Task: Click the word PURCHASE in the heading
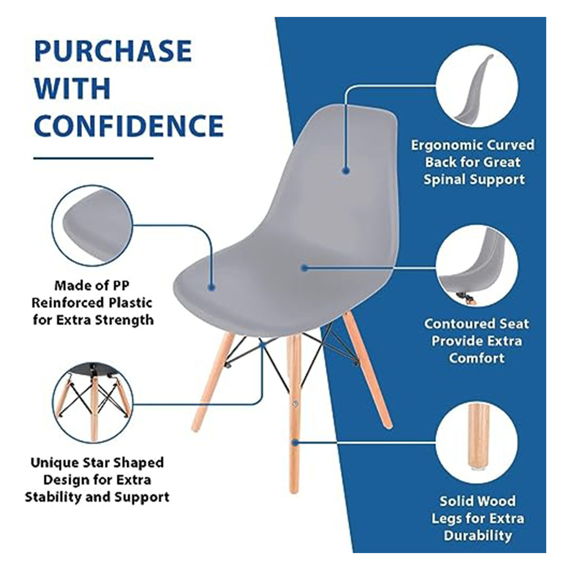click(x=113, y=51)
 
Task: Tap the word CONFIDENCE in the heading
click(x=129, y=126)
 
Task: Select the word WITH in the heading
click(x=72, y=88)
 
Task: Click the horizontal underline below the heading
click(x=93, y=158)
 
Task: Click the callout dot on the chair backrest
click(x=346, y=170)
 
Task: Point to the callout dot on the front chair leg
click(x=295, y=442)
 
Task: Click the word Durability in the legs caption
click(x=478, y=535)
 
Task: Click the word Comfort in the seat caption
click(x=477, y=358)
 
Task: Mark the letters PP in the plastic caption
click(x=121, y=286)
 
